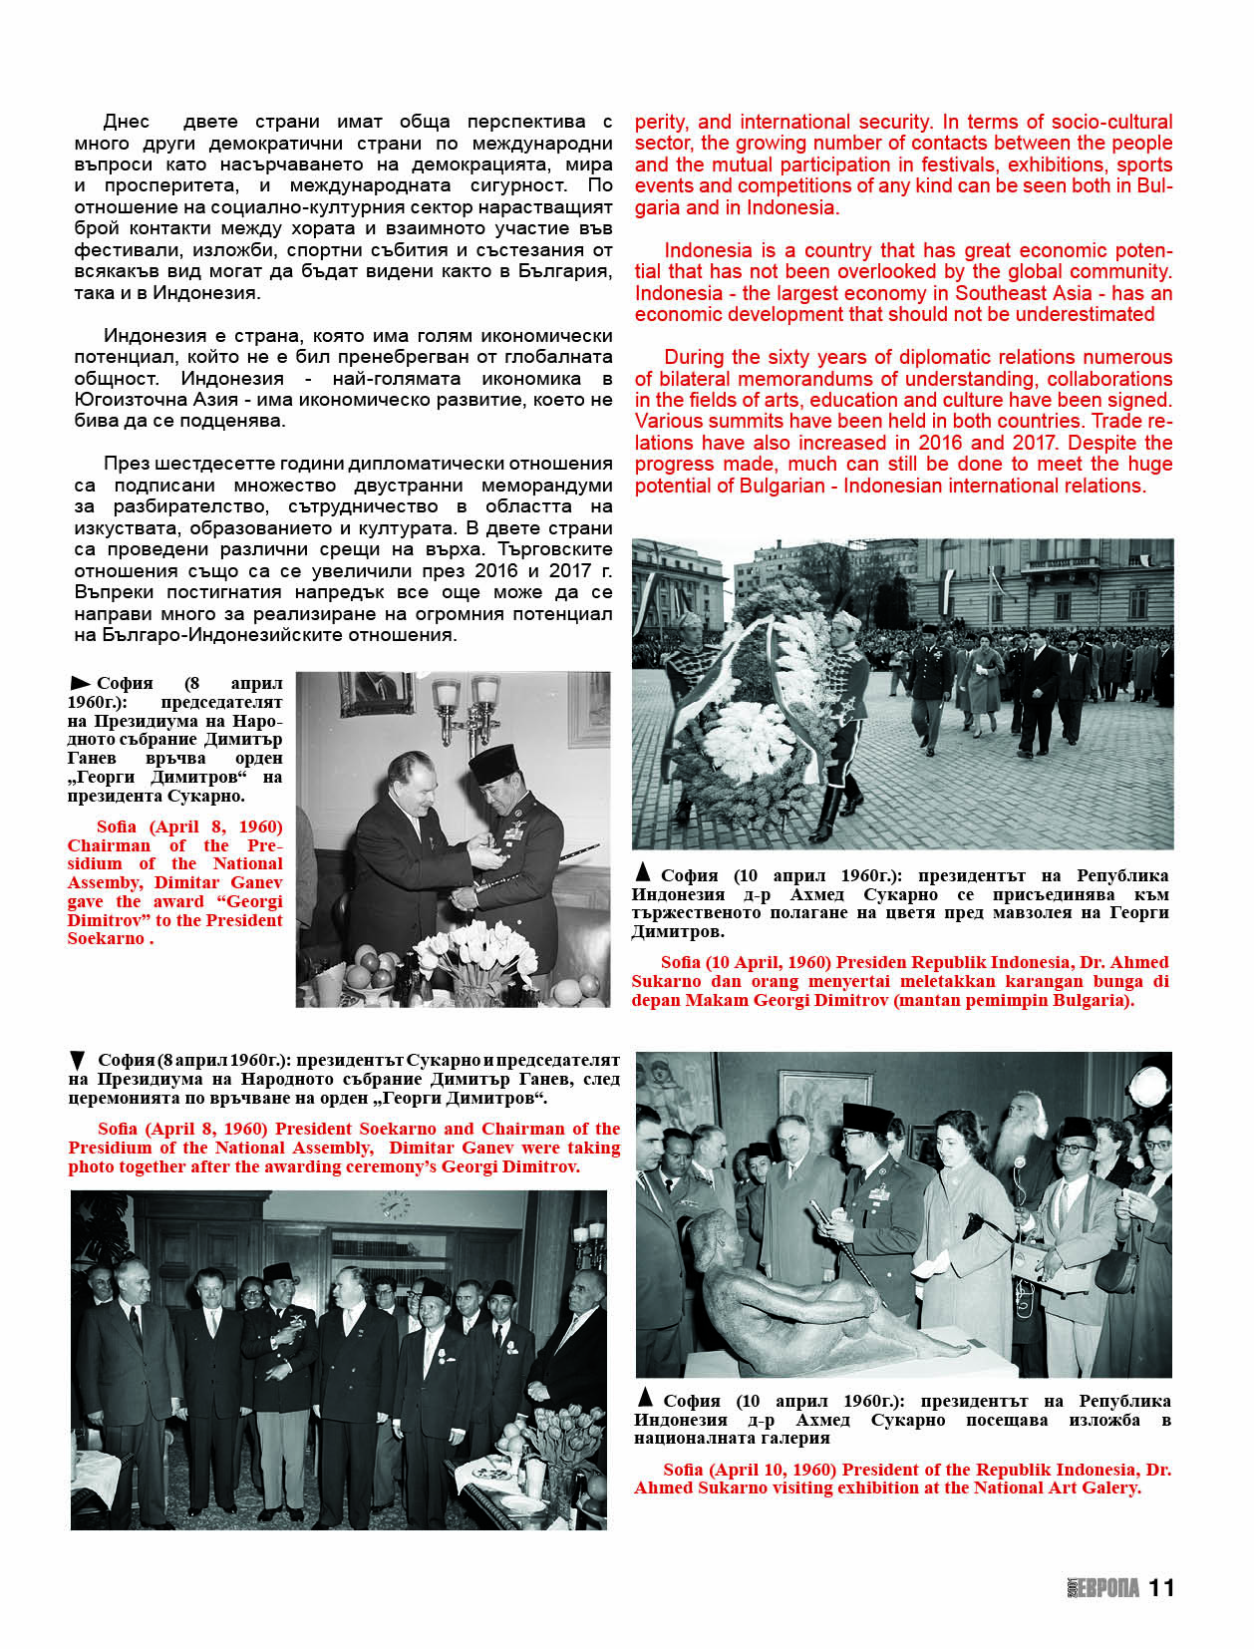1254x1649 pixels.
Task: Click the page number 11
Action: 1161,1587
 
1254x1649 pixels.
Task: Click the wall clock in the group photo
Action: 395,1206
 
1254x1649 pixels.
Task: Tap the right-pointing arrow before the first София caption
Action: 80,684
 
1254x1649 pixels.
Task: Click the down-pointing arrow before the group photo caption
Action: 78,1061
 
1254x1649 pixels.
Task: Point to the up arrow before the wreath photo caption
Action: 643,873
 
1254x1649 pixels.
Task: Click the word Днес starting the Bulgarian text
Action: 127,122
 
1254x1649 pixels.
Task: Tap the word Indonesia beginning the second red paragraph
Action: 710,250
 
